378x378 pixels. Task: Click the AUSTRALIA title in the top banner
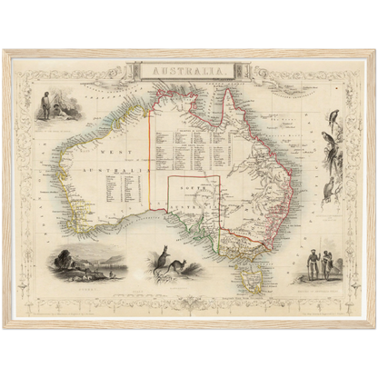pos(189,68)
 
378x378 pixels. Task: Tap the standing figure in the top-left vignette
pos(46,104)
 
